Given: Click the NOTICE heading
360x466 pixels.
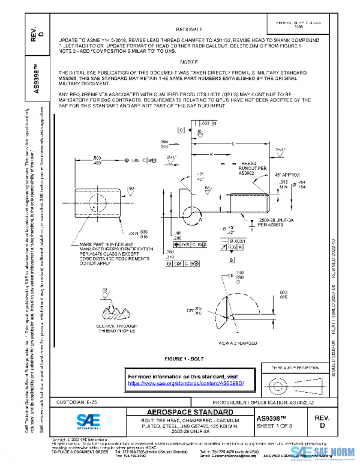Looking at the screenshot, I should click(189, 62).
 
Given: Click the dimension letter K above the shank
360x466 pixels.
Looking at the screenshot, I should click(211, 154).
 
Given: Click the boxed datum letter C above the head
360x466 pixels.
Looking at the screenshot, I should click(181, 130).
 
